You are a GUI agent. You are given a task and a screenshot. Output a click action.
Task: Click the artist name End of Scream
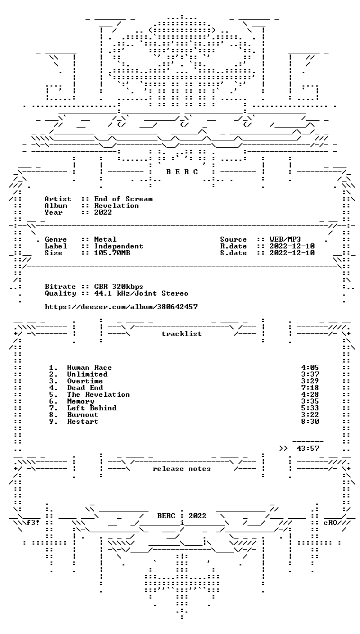[x=123, y=199]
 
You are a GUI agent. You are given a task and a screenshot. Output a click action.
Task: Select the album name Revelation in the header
[x=116, y=206]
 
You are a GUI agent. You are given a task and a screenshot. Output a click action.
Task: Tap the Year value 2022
[x=103, y=212]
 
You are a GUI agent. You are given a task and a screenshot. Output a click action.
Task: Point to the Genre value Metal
[x=105, y=239]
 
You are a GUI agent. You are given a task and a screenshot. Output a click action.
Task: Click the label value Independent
[x=119, y=246]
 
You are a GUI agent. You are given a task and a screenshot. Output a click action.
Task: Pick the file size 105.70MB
[x=112, y=253]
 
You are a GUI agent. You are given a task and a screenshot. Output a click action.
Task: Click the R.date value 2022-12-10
[x=292, y=246]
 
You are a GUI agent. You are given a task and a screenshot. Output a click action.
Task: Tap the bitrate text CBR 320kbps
[x=119, y=287]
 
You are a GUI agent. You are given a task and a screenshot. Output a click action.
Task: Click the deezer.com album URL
[x=121, y=307]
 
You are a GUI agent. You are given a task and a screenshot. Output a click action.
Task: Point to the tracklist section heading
[x=182, y=334]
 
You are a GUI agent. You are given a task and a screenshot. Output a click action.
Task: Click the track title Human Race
[x=89, y=368]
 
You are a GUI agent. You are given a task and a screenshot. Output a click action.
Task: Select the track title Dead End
[x=85, y=388]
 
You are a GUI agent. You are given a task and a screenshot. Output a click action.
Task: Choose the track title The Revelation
[x=98, y=395]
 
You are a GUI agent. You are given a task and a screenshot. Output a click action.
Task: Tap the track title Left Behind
[x=92, y=408]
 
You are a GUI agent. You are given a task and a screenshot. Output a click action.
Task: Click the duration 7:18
[x=310, y=388]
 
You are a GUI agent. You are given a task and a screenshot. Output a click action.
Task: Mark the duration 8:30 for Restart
[x=310, y=422]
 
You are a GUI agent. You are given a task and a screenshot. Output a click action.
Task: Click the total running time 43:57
[x=308, y=449]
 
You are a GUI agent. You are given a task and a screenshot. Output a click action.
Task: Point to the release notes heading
[x=182, y=469]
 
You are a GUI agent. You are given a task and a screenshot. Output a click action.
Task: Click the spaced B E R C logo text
[x=182, y=172]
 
